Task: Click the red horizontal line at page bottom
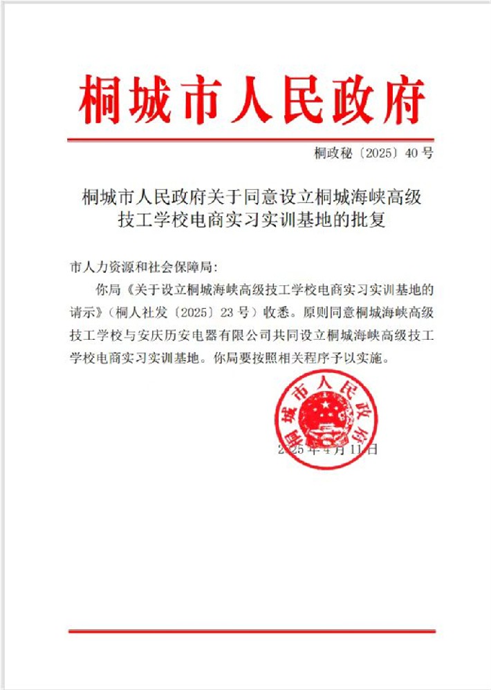click(252, 631)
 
